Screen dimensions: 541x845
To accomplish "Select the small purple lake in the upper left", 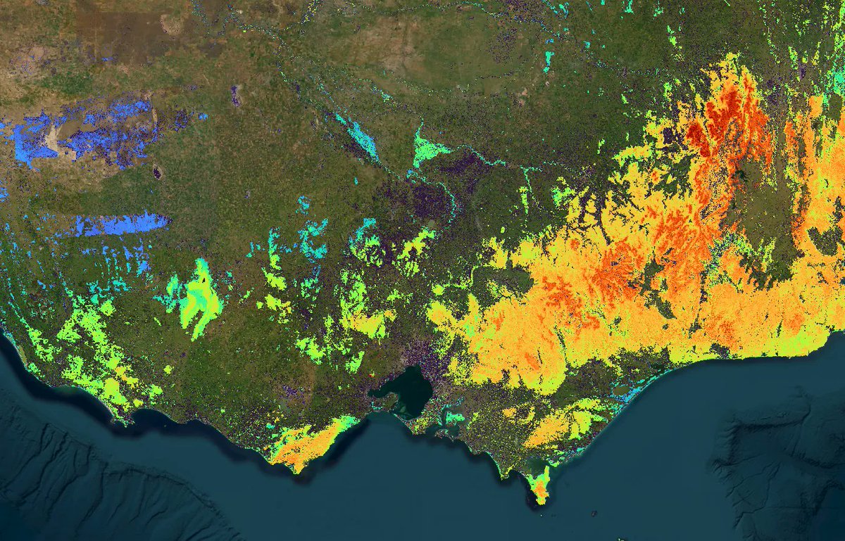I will coord(235,95).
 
